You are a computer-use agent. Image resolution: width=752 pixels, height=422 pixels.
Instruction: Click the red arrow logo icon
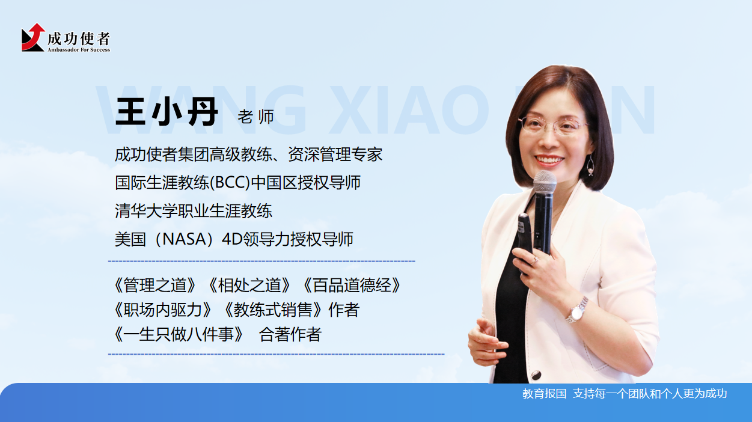tap(33, 38)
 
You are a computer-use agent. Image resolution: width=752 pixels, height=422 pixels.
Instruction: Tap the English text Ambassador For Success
tap(79, 50)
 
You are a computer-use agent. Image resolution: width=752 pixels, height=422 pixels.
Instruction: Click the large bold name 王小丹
tap(167, 111)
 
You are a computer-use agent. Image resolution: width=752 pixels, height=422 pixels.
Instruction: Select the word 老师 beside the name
tap(256, 117)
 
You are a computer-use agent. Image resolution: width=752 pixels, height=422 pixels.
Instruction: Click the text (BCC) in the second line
tap(230, 183)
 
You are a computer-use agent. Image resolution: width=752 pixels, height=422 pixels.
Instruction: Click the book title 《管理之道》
tap(154, 286)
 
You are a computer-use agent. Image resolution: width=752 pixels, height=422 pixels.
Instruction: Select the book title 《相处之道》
tap(249, 286)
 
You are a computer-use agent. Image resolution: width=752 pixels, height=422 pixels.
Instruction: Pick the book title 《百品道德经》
tap(352, 286)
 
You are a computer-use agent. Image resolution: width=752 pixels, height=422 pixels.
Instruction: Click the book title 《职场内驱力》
tap(163, 310)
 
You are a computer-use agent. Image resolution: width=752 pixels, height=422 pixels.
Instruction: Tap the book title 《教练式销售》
tap(274, 310)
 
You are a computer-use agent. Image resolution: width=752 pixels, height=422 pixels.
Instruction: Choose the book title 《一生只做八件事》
tap(179, 334)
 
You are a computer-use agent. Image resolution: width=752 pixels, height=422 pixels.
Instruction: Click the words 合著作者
tap(290, 334)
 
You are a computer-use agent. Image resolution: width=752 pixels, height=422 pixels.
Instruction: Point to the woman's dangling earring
tap(590, 165)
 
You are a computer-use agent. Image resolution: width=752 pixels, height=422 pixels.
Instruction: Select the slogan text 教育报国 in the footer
tap(544, 394)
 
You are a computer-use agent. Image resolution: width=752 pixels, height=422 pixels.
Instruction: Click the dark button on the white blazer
tap(536, 375)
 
